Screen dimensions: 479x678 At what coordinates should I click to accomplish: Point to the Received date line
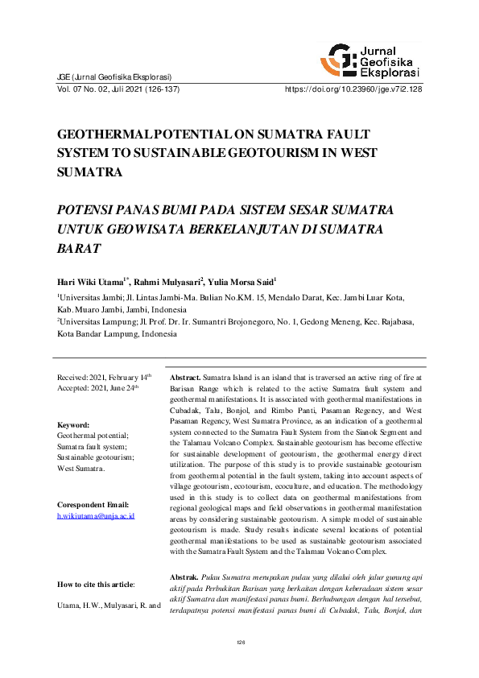[103, 377]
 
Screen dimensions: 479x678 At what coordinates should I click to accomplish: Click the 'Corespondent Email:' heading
[93, 505]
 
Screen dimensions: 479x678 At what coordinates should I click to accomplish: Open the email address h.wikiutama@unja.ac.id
[95, 515]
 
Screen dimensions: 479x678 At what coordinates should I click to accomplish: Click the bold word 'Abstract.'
[184, 377]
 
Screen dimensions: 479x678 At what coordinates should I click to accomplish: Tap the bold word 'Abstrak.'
[184, 578]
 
